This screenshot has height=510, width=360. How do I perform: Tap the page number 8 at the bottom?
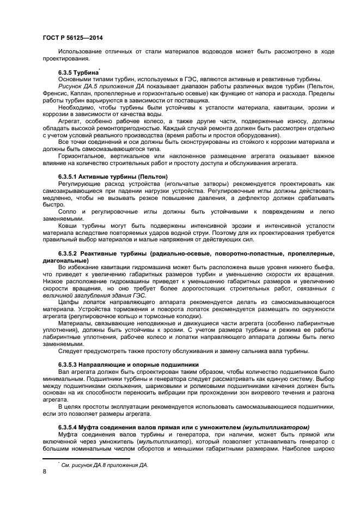[44, 472]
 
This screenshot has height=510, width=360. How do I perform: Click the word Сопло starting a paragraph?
[68, 211]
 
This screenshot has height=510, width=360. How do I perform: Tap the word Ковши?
[68, 226]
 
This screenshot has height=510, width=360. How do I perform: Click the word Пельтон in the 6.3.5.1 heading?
[154, 177]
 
